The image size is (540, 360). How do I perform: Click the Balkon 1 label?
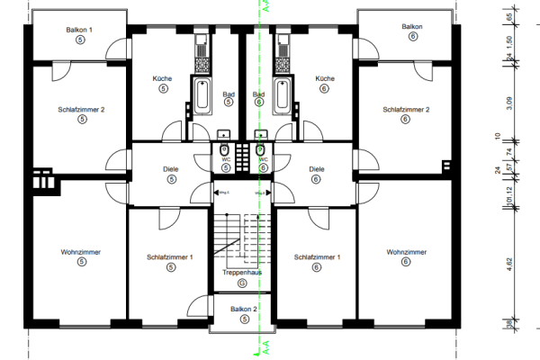pyautogui.click(x=80, y=30)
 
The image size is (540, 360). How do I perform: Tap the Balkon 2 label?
pyautogui.click(x=242, y=309)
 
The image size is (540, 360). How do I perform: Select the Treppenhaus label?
pyautogui.click(x=241, y=271)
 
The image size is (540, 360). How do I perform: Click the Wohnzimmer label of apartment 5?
pyautogui.click(x=80, y=251)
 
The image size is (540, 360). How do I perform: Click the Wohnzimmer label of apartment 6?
pyautogui.click(x=404, y=251)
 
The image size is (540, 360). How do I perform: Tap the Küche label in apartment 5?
pyautogui.click(x=163, y=78)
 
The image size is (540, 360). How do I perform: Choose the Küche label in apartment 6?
pyautogui.click(x=324, y=78)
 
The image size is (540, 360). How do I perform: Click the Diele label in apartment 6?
pyautogui.click(x=316, y=168)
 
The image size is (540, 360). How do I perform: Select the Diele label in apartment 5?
pyautogui.click(x=170, y=168)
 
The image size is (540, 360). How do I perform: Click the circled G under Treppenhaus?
pyautogui.click(x=241, y=283)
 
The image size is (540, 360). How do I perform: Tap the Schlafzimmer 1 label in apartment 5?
pyautogui.click(x=170, y=257)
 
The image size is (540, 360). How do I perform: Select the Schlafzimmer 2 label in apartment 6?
pyautogui.click(x=406, y=109)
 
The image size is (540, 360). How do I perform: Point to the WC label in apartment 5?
pyautogui.click(x=227, y=158)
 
